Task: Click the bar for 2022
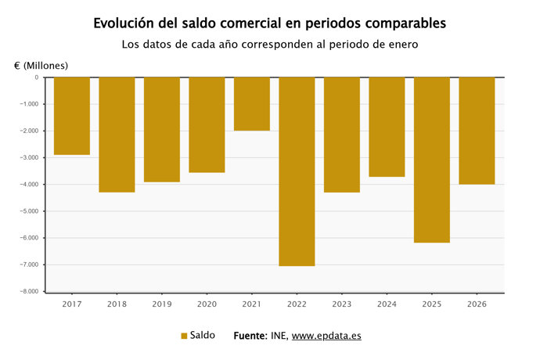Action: (x=297, y=171)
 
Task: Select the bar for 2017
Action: (x=72, y=116)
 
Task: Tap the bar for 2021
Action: (x=252, y=104)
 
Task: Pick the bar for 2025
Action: (x=431, y=160)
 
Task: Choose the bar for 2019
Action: (x=162, y=130)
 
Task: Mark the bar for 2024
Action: (x=387, y=127)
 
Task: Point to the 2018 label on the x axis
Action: (x=117, y=303)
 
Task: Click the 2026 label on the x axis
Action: (x=477, y=303)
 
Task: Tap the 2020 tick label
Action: (x=207, y=303)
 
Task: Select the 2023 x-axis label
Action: (x=342, y=303)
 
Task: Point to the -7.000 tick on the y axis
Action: (x=28, y=265)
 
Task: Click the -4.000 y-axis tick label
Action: (x=28, y=185)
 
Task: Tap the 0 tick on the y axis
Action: (x=36, y=77)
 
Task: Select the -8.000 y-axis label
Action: (x=28, y=291)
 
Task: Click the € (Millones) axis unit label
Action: (x=41, y=64)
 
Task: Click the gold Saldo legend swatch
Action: (x=184, y=336)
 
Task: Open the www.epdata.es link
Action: (x=326, y=336)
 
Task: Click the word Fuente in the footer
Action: (x=250, y=336)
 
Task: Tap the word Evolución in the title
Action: (x=125, y=23)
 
